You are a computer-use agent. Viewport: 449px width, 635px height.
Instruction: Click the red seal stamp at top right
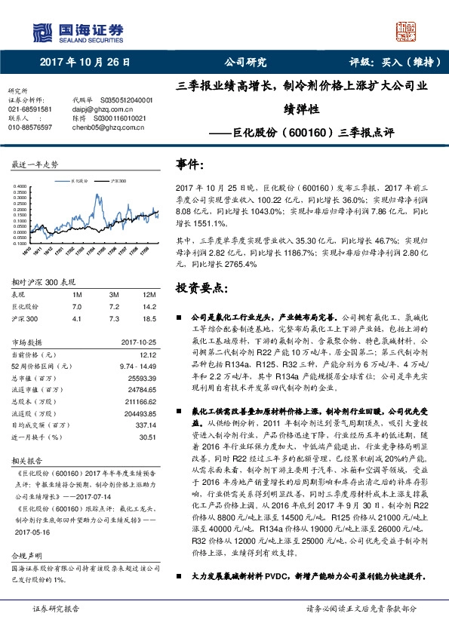(407, 31)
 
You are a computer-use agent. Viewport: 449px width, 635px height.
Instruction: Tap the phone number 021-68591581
(30, 109)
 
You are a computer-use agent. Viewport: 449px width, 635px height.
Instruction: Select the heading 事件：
(191, 164)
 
